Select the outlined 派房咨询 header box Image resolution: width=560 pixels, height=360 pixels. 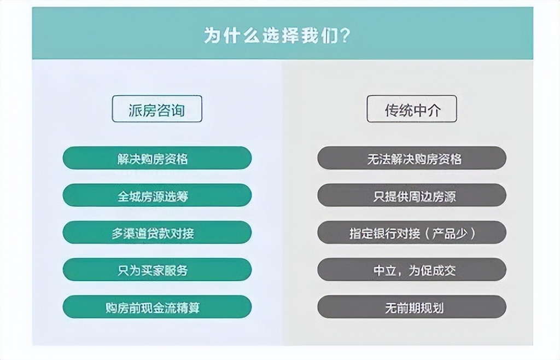click(x=157, y=109)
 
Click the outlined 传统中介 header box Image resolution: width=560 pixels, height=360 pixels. click(x=412, y=109)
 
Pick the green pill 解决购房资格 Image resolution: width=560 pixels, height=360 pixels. click(x=157, y=158)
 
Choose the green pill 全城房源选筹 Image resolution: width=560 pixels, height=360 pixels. click(x=157, y=195)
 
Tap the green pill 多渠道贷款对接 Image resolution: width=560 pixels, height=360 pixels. click(x=157, y=233)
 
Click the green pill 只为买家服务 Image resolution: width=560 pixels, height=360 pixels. click(x=157, y=270)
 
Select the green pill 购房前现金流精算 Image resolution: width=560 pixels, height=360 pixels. click(x=157, y=307)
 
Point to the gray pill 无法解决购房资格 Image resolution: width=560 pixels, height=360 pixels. click(x=412, y=158)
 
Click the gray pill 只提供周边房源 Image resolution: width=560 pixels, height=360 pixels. click(x=412, y=195)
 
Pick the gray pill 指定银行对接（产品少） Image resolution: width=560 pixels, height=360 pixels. click(x=412, y=233)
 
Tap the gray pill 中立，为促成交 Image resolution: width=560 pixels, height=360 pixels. click(x=412, y=270)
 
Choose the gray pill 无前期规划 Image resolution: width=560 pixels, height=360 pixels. click(x=412, y=307)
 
